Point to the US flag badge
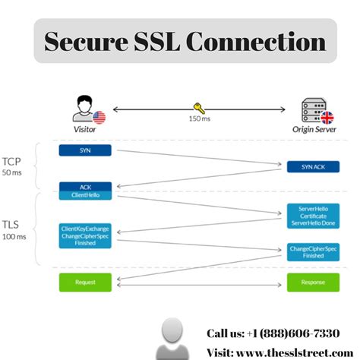coord(99,117)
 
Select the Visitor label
coord(84,130)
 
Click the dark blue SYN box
coord(85,150)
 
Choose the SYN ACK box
coord(313,166)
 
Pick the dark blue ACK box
coord(85,186)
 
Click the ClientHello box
coord(85,195)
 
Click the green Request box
coord(85,282)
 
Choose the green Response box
coord(313,282)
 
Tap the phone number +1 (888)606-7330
coord(284,333)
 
